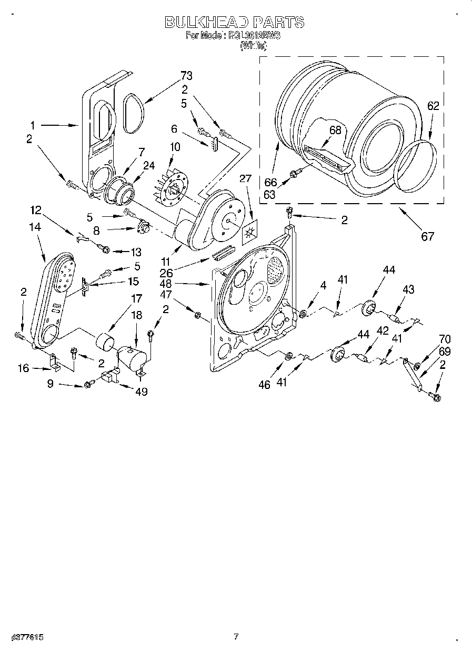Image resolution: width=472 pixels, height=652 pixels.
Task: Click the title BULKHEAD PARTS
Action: (x=235, y=22)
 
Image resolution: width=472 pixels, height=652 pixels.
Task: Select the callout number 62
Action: (x=433, y=106)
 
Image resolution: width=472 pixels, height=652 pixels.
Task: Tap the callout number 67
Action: (x=427, y=236)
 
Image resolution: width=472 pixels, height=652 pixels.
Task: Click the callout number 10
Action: (x=174, y=147)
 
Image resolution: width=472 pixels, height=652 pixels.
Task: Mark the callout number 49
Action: (x=140, y=391)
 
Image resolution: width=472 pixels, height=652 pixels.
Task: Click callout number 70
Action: (x=445, y=339)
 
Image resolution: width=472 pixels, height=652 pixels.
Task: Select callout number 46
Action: (x=264, y=385)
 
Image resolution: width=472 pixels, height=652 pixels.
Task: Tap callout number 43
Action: (x=408, y=289)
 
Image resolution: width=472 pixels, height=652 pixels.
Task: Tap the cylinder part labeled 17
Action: (x=105, y=341)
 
